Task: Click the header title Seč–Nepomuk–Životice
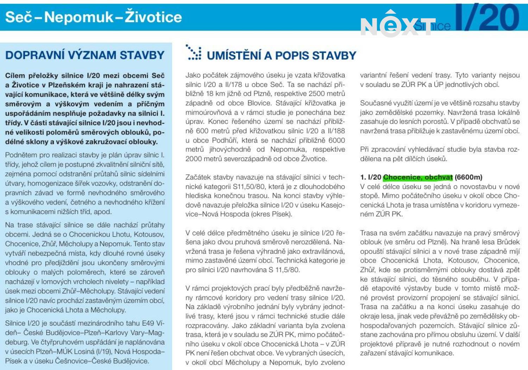click(x=93, y=17)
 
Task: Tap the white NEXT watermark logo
click(x=398, y=25)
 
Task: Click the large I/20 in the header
click(x=487, y=18)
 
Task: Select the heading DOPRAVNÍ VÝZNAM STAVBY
click(x=85, y=55)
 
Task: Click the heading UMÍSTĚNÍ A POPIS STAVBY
click(x=281, y=56)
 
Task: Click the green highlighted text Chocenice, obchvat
click(x=418, y=177)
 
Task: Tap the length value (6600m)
click(x=469, y=177)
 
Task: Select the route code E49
click(x=149, y=323)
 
